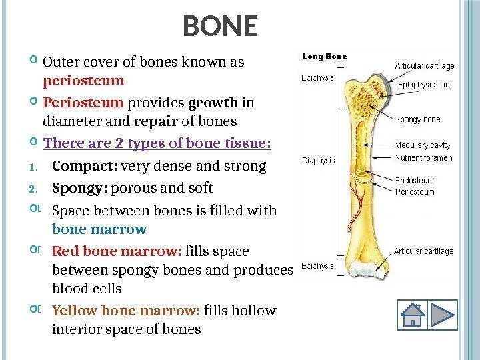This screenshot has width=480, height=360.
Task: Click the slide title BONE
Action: pos(220,27)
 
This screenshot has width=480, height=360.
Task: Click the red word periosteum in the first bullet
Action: pos(84,81)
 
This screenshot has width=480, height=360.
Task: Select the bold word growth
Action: pos(214,103)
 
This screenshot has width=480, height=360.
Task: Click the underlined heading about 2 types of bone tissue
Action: pos(157,144)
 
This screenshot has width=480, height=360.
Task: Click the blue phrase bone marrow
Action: pos(99,229)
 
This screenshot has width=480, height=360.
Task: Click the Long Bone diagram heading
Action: pos(325,57)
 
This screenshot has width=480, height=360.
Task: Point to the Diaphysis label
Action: pos(319,160)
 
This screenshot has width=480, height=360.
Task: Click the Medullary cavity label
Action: pos(423,145)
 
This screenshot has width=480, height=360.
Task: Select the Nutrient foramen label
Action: pos(424,158)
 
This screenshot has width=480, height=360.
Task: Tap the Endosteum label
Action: pos(415,180)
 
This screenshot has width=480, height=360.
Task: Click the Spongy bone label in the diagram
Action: pos(418,121)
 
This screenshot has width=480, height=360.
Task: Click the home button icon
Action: pos(413,315)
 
